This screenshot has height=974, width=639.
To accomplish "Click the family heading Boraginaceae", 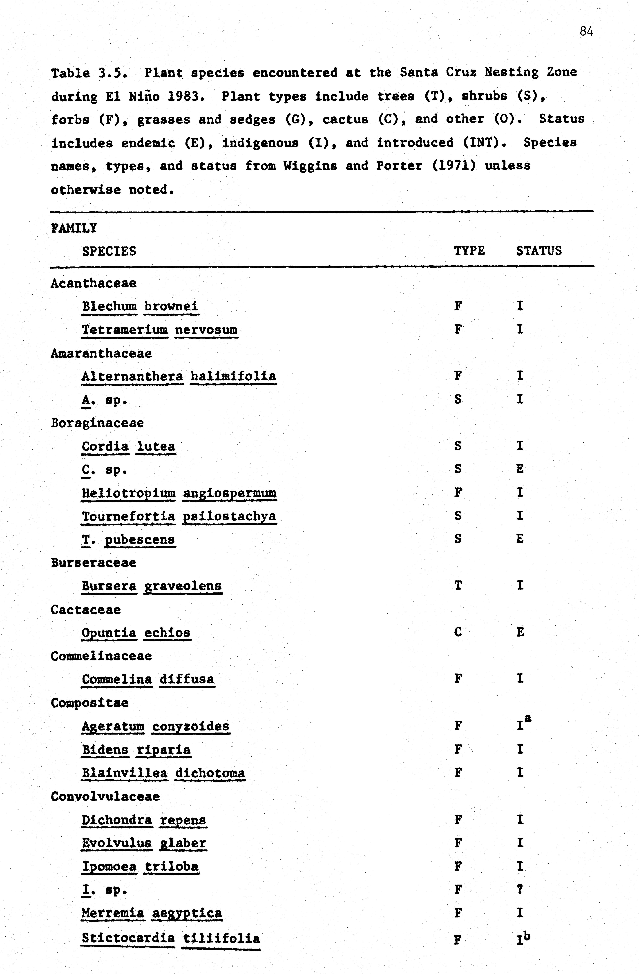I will pos(97,423).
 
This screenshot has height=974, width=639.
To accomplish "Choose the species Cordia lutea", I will pos(128,446).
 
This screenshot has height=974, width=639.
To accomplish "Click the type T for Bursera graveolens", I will pos(458,586).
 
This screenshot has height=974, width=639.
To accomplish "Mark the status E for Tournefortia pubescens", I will pos(520,539).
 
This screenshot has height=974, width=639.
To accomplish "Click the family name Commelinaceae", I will pos(101,656).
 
